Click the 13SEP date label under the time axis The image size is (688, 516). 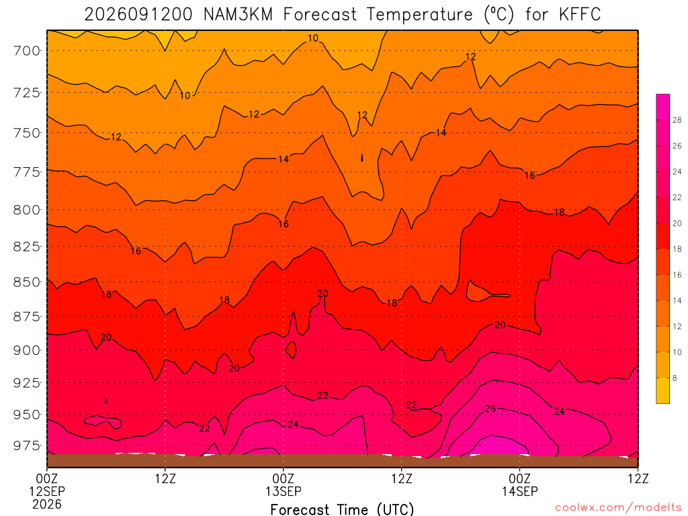[x=284, y=491]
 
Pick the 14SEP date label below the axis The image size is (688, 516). [x=520, y=491]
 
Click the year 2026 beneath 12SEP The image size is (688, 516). [x=47, y=504]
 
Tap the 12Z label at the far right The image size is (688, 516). [x=638, y=478]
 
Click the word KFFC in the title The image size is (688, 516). [x=580, y=15]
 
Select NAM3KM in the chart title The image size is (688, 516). [x=239, y=15]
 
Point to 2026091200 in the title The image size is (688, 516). [x=138, y=15]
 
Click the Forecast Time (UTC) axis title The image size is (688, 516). [x=342, y=509]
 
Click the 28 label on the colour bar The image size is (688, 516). [x=677, y=120]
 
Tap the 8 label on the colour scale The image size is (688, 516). [x=675, y=378]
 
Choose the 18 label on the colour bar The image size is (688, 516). [x=677, y=249]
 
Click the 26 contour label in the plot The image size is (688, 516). [x=490, y=409]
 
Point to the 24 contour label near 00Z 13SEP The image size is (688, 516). [x=293, y=425]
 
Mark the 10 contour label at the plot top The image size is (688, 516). [x=313, y=38]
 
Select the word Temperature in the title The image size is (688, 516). [x=420, y=15]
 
